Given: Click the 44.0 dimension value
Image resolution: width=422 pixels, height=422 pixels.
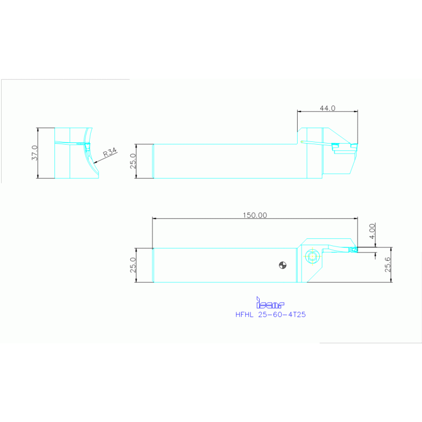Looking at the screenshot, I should point(327,108).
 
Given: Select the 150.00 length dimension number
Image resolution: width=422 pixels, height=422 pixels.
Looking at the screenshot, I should point(254,215).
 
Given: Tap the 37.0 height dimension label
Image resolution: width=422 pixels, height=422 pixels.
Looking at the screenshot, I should point(34,152).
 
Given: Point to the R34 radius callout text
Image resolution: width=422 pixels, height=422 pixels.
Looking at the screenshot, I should point(110,152).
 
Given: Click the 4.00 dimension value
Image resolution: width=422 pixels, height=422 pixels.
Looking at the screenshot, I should point(372,231).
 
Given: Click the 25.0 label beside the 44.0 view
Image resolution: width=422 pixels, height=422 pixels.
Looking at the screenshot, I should point(133,162).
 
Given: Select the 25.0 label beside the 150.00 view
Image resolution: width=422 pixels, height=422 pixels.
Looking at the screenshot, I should point(133,265).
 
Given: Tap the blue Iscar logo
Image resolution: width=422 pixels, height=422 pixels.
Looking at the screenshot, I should point(270,303).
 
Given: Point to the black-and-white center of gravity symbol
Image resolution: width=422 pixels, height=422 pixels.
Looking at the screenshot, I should point(282,265).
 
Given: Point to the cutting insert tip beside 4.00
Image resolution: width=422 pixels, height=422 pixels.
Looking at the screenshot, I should point(354,249).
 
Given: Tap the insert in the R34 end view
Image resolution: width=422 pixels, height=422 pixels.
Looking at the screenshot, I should point(86,144).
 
